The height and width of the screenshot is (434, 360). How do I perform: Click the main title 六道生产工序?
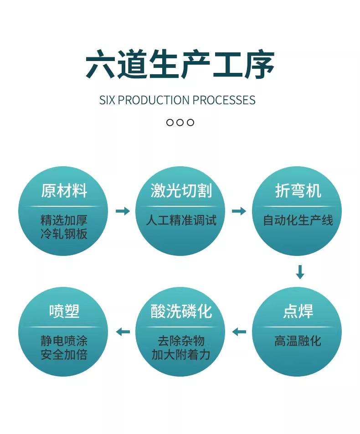coord(180,64)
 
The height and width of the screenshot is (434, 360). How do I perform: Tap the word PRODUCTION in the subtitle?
coord(154,100)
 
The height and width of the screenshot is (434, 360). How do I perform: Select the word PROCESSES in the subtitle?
coord(224,100)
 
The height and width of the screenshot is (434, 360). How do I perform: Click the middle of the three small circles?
coord(180,123)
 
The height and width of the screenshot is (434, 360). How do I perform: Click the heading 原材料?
coord(64,191)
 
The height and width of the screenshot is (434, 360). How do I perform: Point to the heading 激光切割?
coord(181,191)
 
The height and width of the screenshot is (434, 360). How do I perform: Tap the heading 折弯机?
coord(298,191)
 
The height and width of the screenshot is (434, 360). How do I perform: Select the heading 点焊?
coord(298,311)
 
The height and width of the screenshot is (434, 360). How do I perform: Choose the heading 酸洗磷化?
coord(181,311)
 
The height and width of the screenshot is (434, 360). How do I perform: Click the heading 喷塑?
coord(64,311)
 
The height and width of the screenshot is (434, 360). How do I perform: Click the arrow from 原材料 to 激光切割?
coord(123,211)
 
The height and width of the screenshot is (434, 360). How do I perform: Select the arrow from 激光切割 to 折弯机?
coord(239,211)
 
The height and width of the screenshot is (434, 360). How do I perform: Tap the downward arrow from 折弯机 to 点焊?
coord(300,272)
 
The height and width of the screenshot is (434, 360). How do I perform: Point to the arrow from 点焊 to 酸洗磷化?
coord(239,332)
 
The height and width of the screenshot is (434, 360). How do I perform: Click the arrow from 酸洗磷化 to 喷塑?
coord(123,332)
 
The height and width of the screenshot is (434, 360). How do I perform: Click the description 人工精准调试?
coord(181,220)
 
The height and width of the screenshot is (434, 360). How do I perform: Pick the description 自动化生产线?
coord(298,220)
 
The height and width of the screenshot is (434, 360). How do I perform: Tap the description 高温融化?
coord(298,341)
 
